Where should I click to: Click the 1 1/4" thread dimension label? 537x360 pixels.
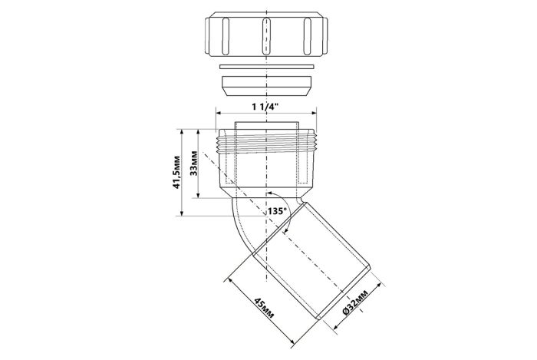pyautogui.click(x=265, y=107)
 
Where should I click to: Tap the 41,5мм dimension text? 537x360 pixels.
pyautogui.click(x=176, y=172)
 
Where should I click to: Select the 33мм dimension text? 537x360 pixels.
pyautogui.click(x=194, y=163)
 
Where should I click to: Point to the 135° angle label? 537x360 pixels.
pyautogui.click(x=277, y=211)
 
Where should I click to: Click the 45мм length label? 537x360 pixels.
pyautogui.click(x=264, y=309)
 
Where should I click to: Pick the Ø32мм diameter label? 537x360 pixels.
pyautogui.click(x=355, y=302)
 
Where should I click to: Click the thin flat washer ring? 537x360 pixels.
pyautogui.click(x=266, y=66)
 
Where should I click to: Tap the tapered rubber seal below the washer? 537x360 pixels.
pyautogui.click(x=266, y=87)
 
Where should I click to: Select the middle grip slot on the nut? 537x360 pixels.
pyautogui.click(x=266, y=36)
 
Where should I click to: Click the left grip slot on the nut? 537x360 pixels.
pyautogui.click(x=226, y=36)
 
